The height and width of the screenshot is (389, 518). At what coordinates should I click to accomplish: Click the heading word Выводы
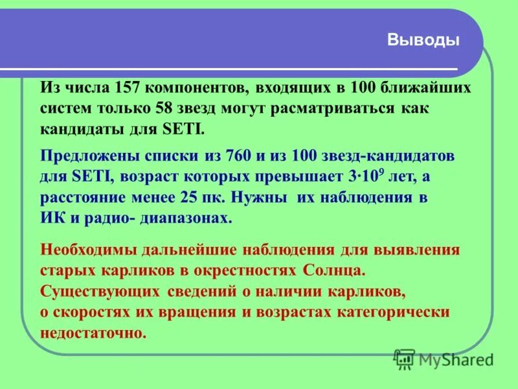[423, 40]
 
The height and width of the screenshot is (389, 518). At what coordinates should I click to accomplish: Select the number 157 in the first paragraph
[128, 88]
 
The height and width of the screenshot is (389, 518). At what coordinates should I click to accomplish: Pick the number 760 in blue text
[238, 157]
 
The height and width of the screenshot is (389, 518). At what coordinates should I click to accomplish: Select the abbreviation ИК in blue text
[51, 218]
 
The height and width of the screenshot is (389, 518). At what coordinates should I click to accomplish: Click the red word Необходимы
[85, 250]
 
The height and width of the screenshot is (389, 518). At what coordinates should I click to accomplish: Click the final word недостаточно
[93, 332]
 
